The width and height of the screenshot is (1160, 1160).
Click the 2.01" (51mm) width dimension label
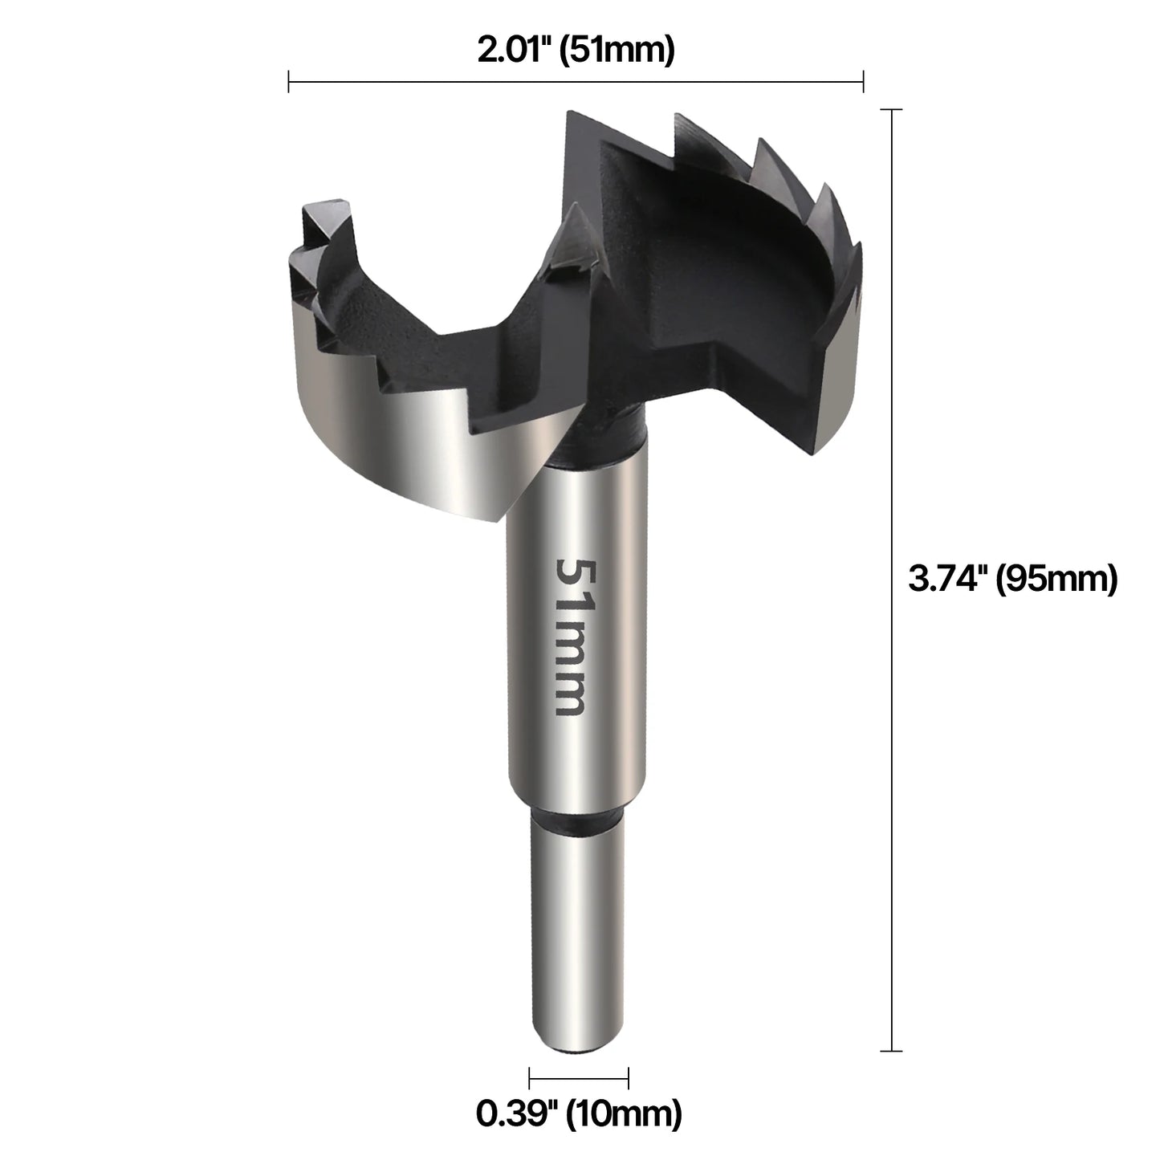(576, 51)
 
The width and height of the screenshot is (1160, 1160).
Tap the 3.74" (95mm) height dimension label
(1012, 579)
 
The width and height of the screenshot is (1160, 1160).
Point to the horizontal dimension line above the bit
(576, 81)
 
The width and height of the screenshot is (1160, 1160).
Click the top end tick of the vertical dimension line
(891, 109)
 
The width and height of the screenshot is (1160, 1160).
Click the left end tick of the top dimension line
(289, 81)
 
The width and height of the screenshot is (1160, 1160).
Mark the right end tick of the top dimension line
(863, 81)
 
